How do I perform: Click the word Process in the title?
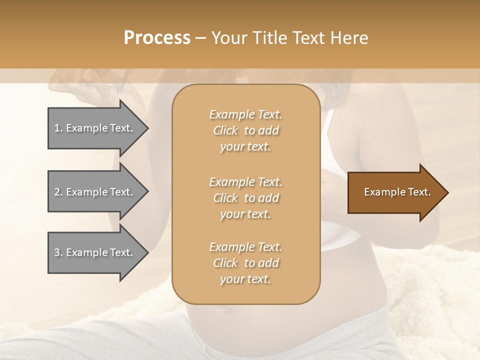tap(157, 38)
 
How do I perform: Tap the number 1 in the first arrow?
tap(57, 128)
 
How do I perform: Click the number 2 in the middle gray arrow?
tap(57, 192)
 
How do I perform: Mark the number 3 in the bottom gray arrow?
tap(57, 252)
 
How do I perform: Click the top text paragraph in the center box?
tap(245, 130)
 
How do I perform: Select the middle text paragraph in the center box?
tap(245, 198)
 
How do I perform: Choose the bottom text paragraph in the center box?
tap(245, 263)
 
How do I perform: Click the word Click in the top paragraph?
tap(225, 130)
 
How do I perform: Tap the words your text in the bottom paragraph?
tap(245, 279)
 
